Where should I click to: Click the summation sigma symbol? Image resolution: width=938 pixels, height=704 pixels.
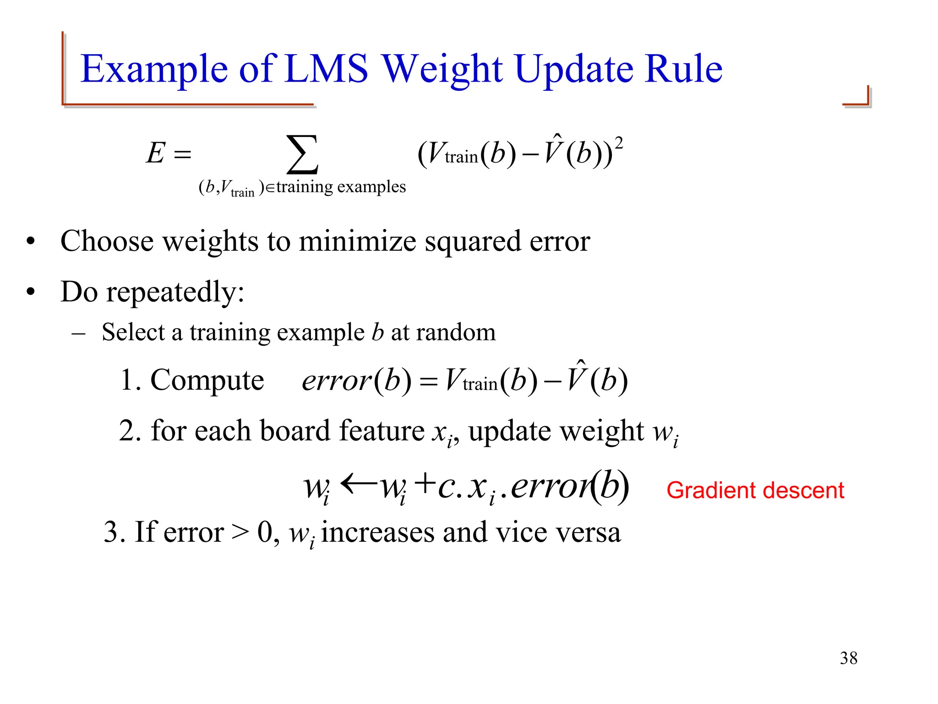[x=302, y=154]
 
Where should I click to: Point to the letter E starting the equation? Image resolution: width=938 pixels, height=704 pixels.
[x=156, y=153]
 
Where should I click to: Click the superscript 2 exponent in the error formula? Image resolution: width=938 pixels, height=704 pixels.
[x=618, y=143]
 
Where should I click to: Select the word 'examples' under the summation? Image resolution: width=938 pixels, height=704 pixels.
[x=371, y=187]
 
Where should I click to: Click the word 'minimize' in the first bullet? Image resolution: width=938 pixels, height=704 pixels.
[x=357, y=242]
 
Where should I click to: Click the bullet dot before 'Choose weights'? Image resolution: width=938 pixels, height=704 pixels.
[x=31, y=242]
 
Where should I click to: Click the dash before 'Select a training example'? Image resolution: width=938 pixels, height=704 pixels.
[x=78, y=333]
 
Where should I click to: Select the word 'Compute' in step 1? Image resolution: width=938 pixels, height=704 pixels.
[x=207, y=380]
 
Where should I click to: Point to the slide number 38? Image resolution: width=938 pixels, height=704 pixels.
[x=848, y=658]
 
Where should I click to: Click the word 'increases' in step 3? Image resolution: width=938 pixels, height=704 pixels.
[x=377, y=533]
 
